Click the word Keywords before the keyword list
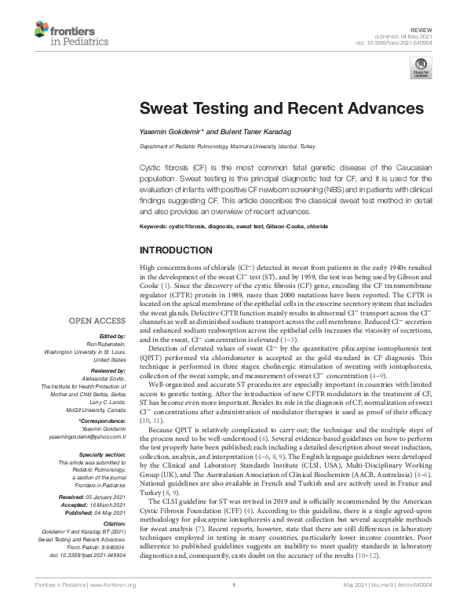(157, 227)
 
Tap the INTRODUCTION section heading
(176, 251)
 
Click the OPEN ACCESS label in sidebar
(97, 321)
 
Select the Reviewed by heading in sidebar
(105, 370)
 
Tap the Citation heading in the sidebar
(112, 523)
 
